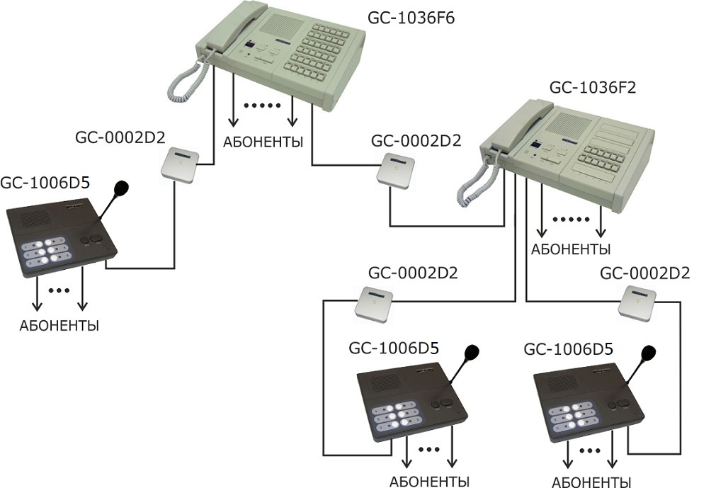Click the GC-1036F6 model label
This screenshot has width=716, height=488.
coord(411,18)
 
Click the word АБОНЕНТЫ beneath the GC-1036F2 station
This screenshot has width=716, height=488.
coord(571,249)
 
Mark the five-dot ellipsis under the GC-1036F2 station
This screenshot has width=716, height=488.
coord(570,220)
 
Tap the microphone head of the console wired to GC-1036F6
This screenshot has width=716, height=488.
coord(121,188)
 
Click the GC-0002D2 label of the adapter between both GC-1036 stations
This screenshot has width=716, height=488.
coord(416,140)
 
